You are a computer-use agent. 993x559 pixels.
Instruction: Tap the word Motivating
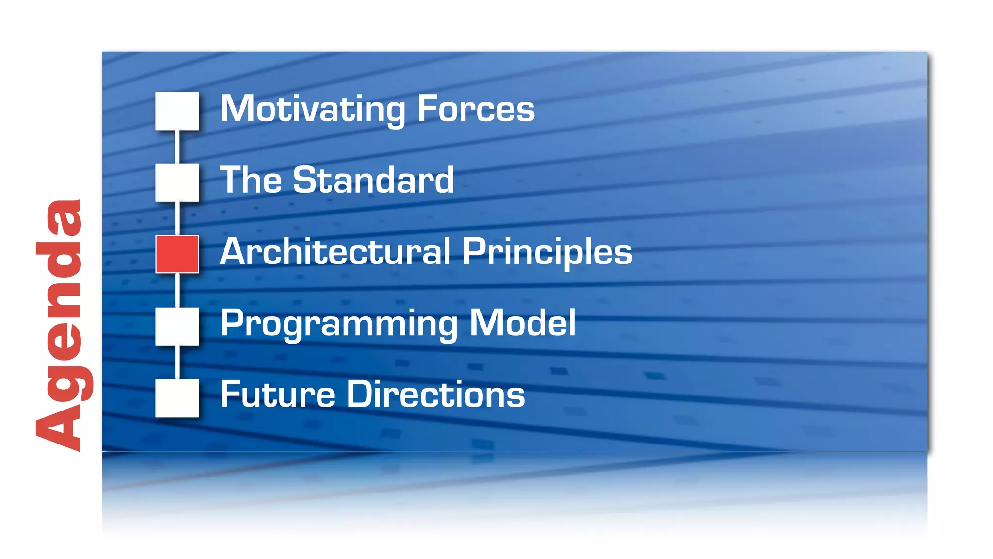click(313, 110)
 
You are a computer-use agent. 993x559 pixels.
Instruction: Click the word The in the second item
click(251, 180)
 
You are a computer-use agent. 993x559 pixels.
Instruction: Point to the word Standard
click(373, 180)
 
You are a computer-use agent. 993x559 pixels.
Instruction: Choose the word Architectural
click(335, 252)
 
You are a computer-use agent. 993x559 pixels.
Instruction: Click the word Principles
click(547, 253)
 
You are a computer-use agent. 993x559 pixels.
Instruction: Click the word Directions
click(435, 394)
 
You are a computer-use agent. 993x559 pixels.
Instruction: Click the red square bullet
click(177, 254)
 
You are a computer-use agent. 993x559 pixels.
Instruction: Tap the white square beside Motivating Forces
click(177, 111)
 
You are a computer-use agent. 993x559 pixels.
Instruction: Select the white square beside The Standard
click(177, 182)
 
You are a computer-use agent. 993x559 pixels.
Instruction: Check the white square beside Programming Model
click(177, 326)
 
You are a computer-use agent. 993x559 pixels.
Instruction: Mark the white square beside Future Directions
click(177, 398)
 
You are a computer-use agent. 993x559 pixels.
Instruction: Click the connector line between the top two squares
click(177, 147)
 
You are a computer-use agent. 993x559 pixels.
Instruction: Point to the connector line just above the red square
click(177, 218)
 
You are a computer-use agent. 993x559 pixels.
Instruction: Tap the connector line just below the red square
click(177, 290)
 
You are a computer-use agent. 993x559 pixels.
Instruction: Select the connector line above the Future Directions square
click(177, 362)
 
